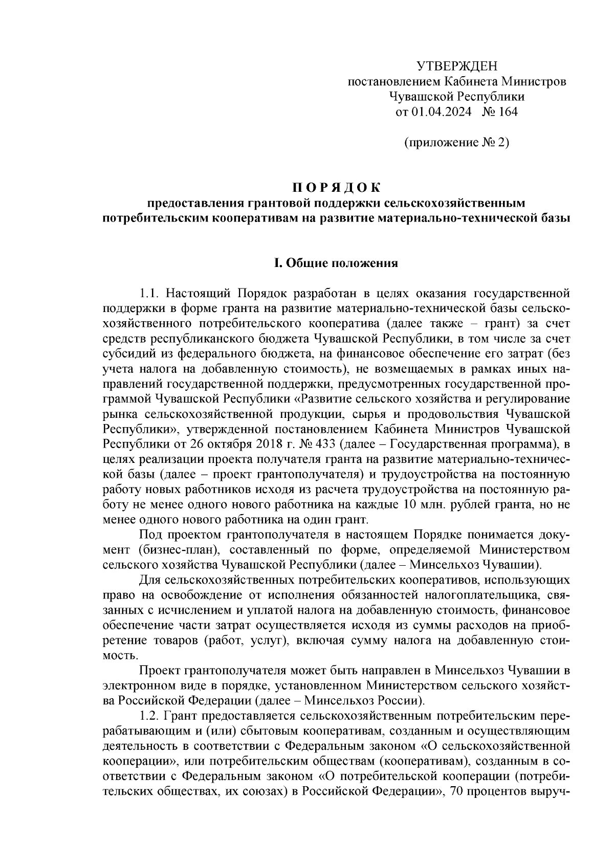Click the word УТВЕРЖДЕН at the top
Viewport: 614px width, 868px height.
[x=456, y=66]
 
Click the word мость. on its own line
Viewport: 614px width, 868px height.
[x=120, y=656]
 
